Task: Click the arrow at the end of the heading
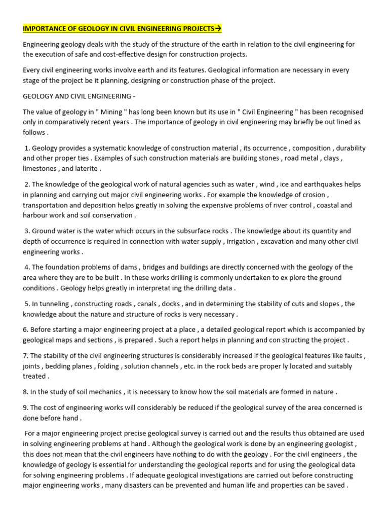click(x=218, y=28)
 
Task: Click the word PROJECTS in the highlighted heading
click(x=198, y=28)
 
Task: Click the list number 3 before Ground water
click(x=27, y=231)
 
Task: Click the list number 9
click(x=25, y=407)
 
